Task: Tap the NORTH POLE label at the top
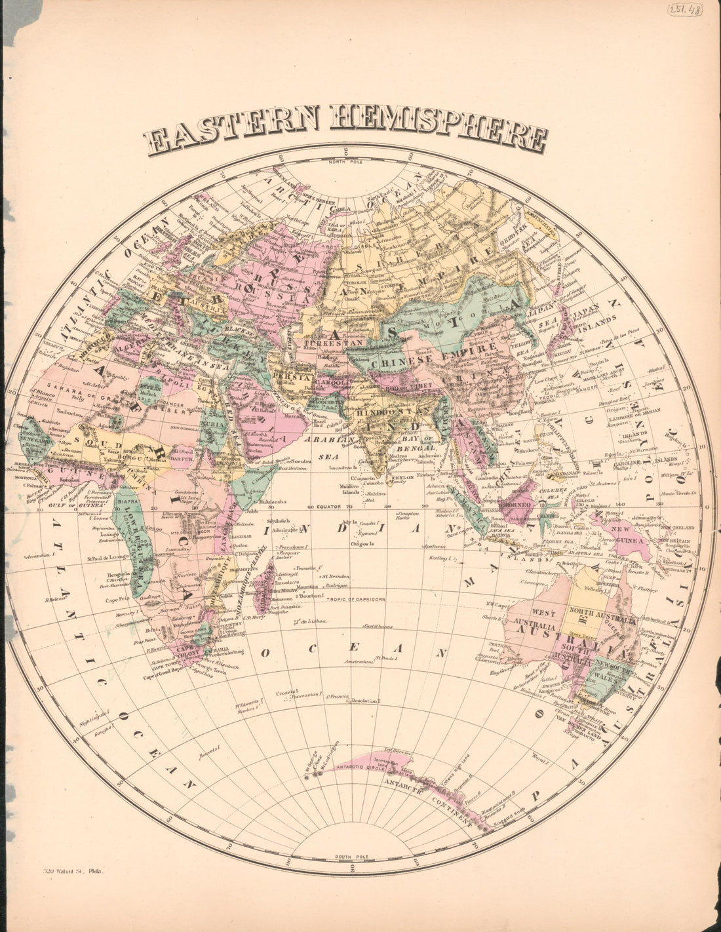click(345, 161)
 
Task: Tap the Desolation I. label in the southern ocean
click(366, 701)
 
